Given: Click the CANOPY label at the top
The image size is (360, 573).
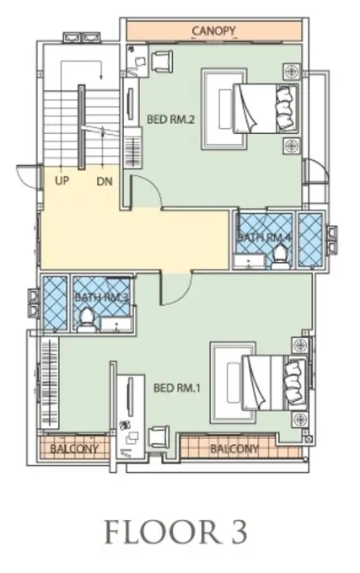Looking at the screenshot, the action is [214, 30].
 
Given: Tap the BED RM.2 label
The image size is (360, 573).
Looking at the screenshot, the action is [170, 119].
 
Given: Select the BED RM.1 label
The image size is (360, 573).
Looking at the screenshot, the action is [177, 388].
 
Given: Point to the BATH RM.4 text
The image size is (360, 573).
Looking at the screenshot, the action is [265, 237].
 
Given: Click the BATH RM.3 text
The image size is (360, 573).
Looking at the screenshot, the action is [101, 297].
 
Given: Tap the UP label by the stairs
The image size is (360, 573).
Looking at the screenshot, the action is [62, 180].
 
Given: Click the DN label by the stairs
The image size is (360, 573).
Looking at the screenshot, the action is [105, 181].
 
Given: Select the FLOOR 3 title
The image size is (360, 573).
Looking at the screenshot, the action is [176, 532].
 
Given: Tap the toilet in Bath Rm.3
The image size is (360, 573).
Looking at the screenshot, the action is [87, 319].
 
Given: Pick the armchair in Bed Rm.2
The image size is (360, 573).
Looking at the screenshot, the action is [161, 61].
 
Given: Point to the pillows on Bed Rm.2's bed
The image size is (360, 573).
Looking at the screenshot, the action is [286, 109].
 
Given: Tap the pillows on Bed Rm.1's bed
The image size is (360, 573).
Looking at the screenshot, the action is [295, 383].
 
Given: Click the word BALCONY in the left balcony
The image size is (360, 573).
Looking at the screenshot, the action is [74, 448].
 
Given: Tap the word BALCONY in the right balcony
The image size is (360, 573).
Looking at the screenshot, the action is [234, 448].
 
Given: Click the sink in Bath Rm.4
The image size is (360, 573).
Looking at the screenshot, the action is [250, 261].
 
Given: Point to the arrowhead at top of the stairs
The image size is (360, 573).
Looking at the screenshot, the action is [101, 77].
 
